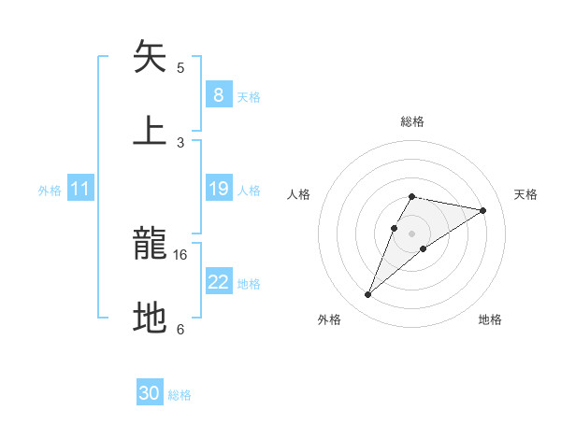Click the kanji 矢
click(150, 57)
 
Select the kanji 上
click(150, 131)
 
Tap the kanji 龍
click(150, 246)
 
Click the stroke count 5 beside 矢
click(180, 67)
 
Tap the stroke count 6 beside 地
click(180, 329)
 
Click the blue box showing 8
click(218, 95)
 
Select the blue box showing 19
click(218, 190)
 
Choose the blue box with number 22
click(218, 283)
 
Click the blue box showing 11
click(80, 190)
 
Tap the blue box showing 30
click(150, 393)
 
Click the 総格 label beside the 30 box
click(180, 395)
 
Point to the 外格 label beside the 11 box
click(50, 191)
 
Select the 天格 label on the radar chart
click(525, 194)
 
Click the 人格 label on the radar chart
click(299, 194)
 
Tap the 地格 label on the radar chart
click(490, 319)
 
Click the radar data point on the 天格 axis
click(482, 210)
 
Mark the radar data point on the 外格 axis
click(368, 295)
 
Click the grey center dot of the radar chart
click(411, 234)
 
